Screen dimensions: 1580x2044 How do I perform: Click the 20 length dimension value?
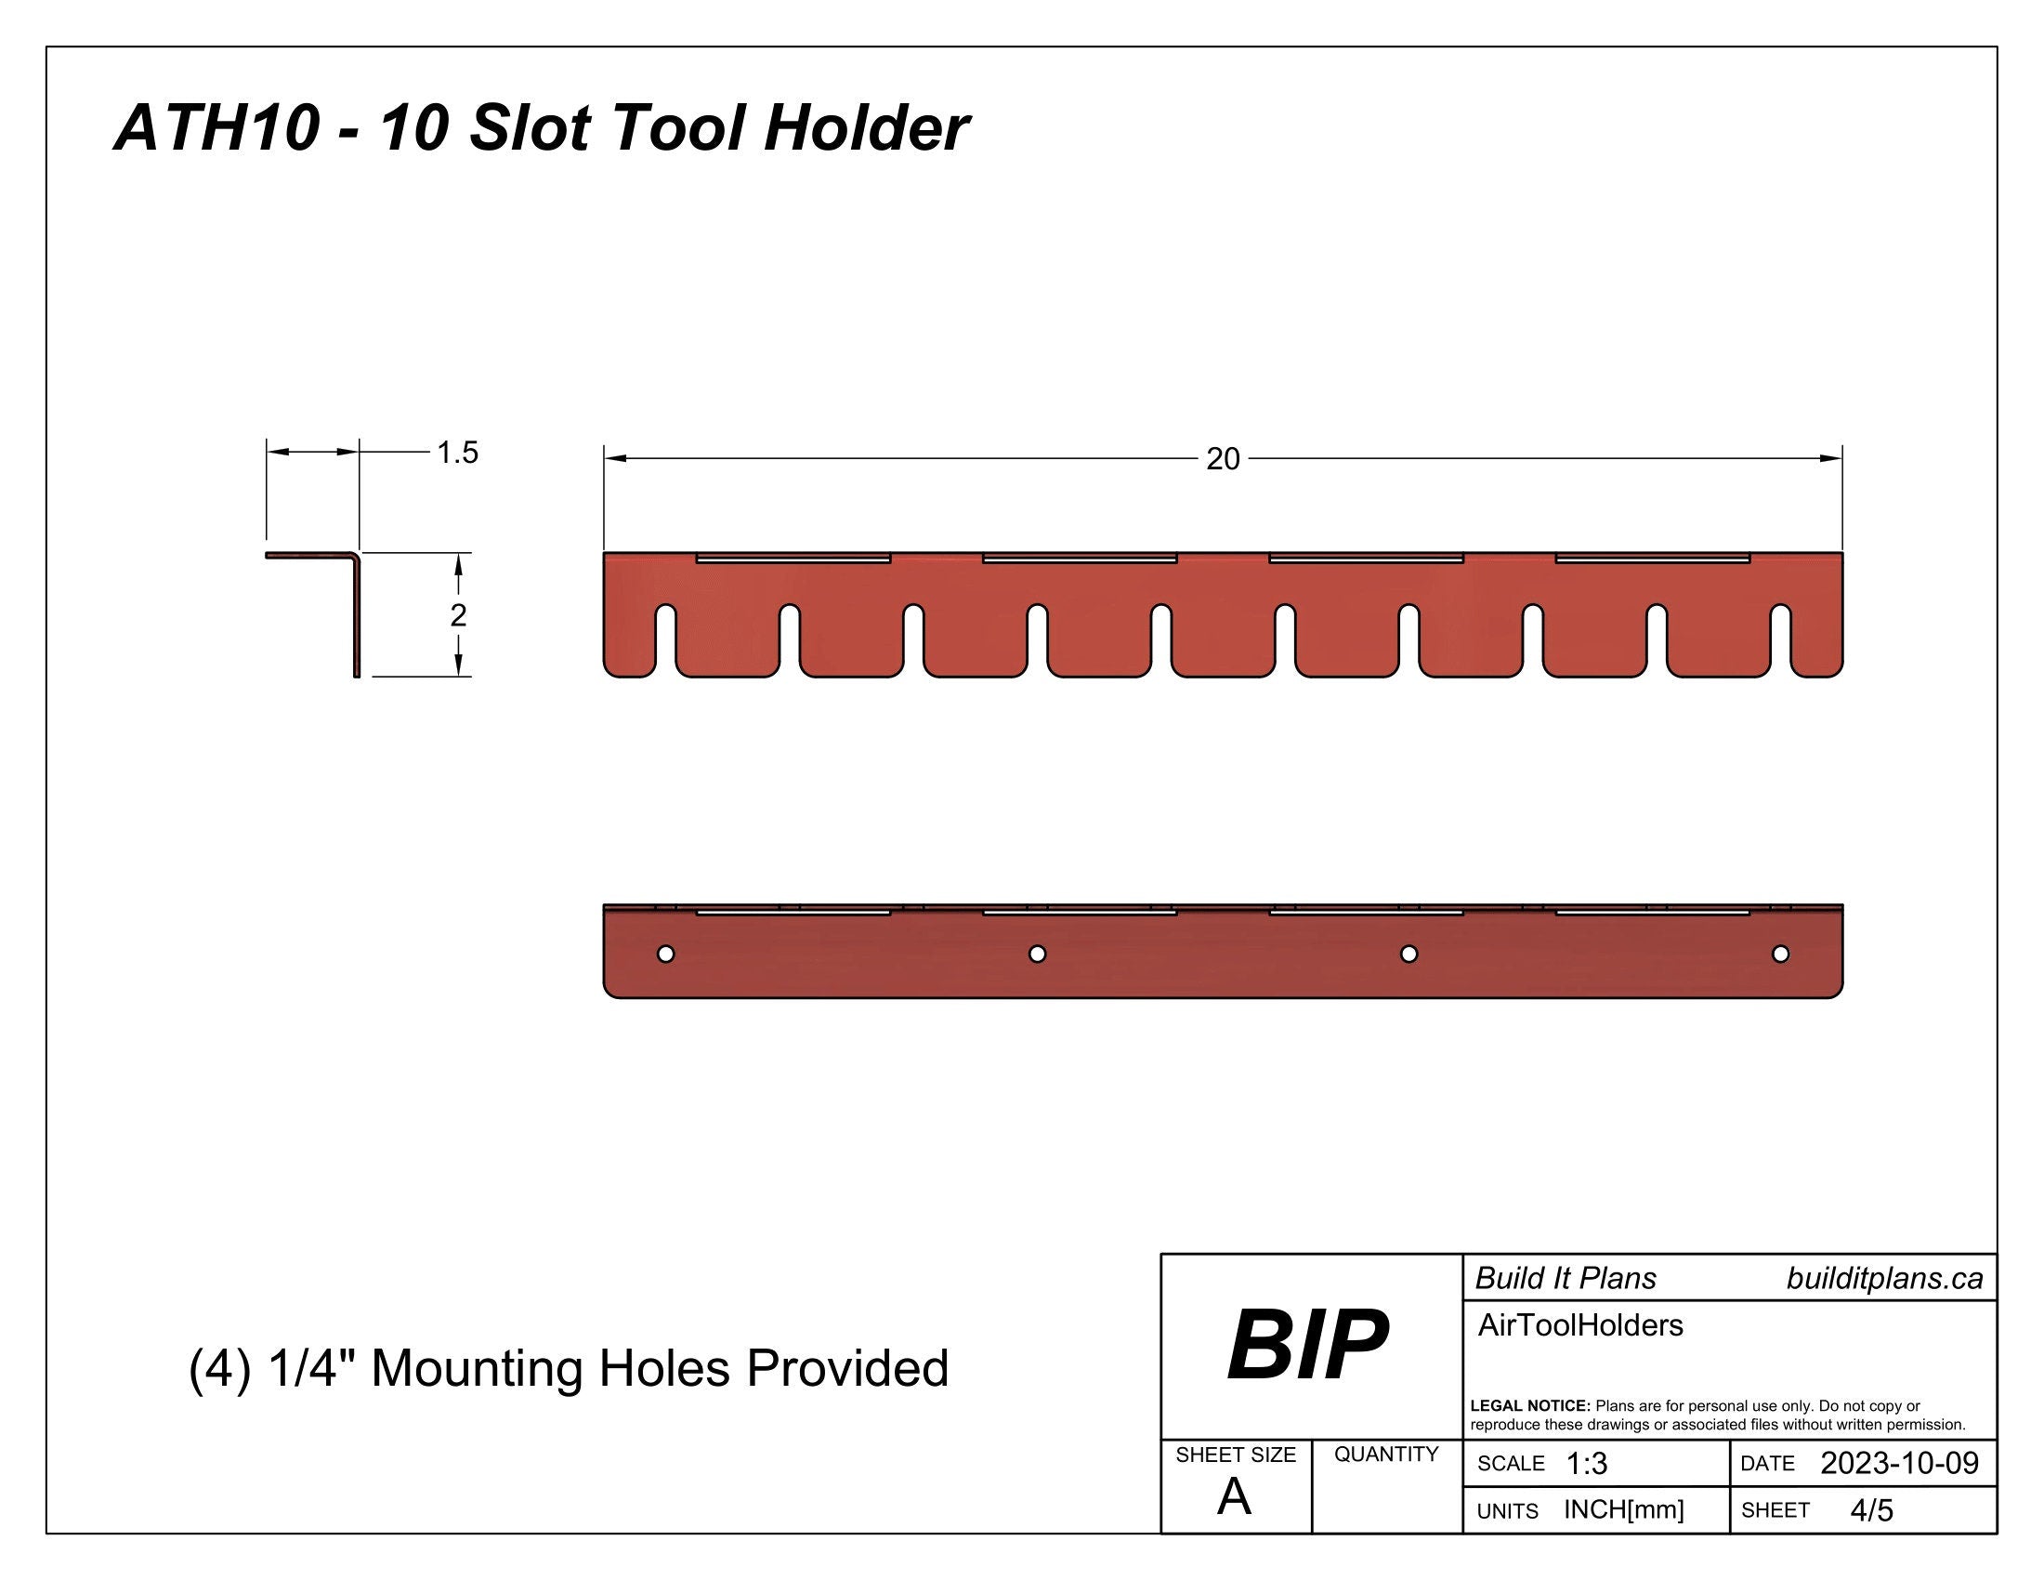click(1223, 458)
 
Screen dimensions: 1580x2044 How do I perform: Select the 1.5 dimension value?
click(458, 453)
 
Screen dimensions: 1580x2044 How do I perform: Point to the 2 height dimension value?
click(458, 615)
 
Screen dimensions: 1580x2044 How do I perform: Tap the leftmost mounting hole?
click(665, 954)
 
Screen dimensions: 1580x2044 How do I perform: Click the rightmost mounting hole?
click(1780, 954)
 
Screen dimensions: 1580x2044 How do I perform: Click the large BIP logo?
click(1307, 1346)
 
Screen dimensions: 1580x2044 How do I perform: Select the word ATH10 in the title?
click(217, 127)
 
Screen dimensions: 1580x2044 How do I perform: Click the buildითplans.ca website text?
click(1884, 1279)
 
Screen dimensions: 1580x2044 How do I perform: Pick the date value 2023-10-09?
click(1899, 1463)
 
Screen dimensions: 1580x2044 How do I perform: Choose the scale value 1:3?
click(1586, 1464)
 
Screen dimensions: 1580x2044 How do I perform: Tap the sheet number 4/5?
click(1872, 1509)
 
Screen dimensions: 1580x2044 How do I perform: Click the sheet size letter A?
click(1234, 1497)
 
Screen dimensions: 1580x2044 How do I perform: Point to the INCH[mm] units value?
click(1624, 1509)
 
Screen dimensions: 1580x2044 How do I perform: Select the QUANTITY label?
click(1386, 1454)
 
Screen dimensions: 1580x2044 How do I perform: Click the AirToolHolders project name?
click(1579, 1325)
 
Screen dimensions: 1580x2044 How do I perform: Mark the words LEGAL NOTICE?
click(1530, 1406)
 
